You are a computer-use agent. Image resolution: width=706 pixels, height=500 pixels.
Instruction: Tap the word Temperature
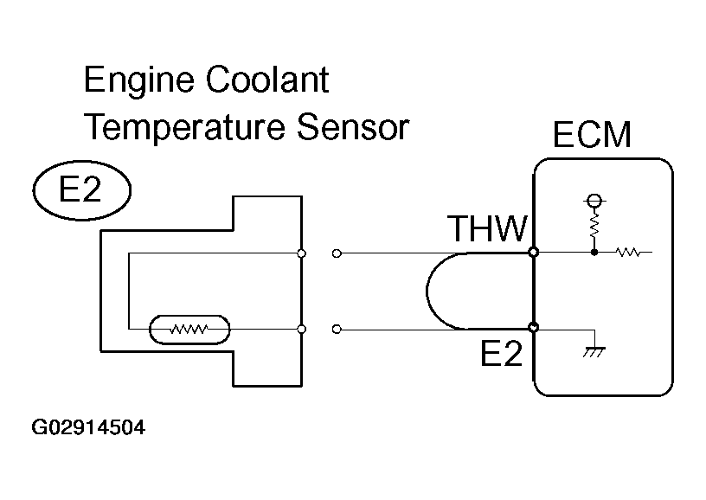coord(183,128)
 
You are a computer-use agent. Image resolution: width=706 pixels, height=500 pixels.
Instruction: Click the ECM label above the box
coord(592,136)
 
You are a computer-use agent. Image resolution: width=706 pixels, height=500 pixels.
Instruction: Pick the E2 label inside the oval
coord(80,190)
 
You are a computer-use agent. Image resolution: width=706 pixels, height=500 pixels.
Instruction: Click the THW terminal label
coord(487,230)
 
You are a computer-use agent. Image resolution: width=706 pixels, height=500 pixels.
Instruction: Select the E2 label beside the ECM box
coord(502,354)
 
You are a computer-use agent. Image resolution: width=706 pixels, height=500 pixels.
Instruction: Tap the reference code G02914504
coord(88,427)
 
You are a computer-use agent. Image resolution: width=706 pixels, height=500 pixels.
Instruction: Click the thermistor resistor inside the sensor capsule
coord(189,330)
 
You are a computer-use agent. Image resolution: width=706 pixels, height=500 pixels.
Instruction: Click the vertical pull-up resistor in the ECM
coord(594,228)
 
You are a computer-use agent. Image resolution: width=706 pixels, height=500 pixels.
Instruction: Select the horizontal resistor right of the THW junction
coord(626,253)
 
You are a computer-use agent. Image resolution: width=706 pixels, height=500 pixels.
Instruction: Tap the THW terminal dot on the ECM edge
coord(534,253)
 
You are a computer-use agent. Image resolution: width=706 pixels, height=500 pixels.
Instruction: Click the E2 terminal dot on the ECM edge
coord(534,329)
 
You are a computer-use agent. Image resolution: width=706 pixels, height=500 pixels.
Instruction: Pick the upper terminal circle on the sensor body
coord(300,253)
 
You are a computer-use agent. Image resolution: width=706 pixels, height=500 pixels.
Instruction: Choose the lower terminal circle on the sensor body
coord(300,330)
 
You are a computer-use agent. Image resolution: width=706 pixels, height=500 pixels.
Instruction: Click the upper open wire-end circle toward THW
coord(337,253)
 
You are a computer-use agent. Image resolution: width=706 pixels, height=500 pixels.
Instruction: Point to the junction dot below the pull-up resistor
coord(594,253)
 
